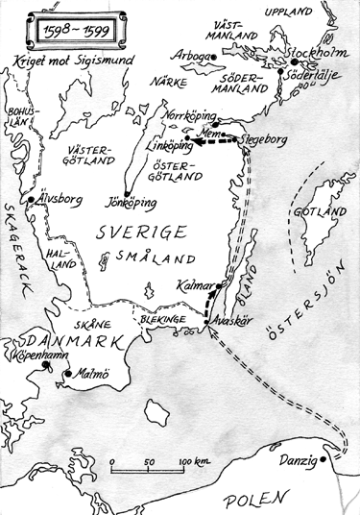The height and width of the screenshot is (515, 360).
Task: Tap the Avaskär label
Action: [230, 322]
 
